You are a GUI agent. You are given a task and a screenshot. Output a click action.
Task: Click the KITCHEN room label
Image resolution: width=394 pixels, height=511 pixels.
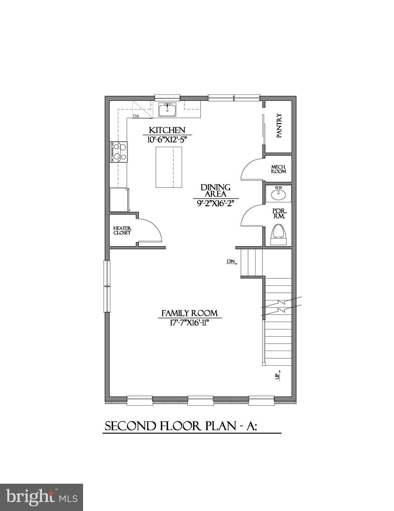(x=167, y=130)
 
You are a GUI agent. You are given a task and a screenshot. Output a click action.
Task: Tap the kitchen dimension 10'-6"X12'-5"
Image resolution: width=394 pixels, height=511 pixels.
(x=167, y=140)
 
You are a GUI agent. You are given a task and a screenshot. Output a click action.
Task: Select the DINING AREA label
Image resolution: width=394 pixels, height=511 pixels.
(x=215, y=191)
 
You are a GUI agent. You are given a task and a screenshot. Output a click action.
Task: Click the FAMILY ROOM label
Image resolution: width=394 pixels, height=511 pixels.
(x=189, y=313)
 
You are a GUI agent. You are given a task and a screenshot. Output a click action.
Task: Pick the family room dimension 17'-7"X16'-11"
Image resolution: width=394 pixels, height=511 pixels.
(x=189, y=323)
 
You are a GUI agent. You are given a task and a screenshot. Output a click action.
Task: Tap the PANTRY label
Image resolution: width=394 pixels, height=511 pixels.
(x=279, y=126)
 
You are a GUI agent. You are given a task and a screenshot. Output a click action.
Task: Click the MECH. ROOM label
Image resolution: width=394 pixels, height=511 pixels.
(x=278, y=169)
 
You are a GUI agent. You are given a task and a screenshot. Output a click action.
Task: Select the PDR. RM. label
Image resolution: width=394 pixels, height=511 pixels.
(x=279, y=214)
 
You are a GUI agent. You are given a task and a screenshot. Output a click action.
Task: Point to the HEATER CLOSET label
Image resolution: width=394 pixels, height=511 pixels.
(x=122, y=231)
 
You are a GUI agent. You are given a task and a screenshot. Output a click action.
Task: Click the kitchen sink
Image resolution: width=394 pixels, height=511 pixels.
(x=167, y=110)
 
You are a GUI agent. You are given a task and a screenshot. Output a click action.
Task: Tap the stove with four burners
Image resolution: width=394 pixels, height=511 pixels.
(x=119, y=152)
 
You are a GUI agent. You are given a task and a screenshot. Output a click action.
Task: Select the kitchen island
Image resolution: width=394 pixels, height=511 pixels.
(x=169, y=167)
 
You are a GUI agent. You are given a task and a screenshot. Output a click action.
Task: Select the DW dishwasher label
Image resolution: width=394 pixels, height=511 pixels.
(x=136, y=116)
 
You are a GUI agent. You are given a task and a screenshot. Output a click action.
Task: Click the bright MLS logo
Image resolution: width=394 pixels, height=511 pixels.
(x=42, y=497)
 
